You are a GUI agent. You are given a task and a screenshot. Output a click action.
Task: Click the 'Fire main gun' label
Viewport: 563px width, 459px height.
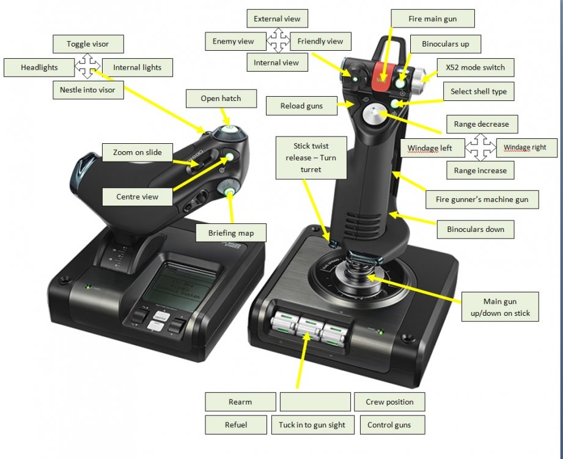[432, 19]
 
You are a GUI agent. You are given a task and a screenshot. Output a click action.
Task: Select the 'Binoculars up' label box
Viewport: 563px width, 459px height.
[446, 45]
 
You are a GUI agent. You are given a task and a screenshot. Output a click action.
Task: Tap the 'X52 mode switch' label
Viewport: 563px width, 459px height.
[475, 67]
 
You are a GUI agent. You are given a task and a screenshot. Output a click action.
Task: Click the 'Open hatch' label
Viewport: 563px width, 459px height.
[221, 98]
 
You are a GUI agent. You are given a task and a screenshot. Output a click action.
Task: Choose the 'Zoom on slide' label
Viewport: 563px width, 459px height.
[138, 152]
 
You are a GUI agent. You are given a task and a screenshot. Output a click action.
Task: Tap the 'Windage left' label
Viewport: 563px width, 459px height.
[430, 149]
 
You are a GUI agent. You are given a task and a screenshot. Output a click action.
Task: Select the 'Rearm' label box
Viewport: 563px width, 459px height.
[240, 402]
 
